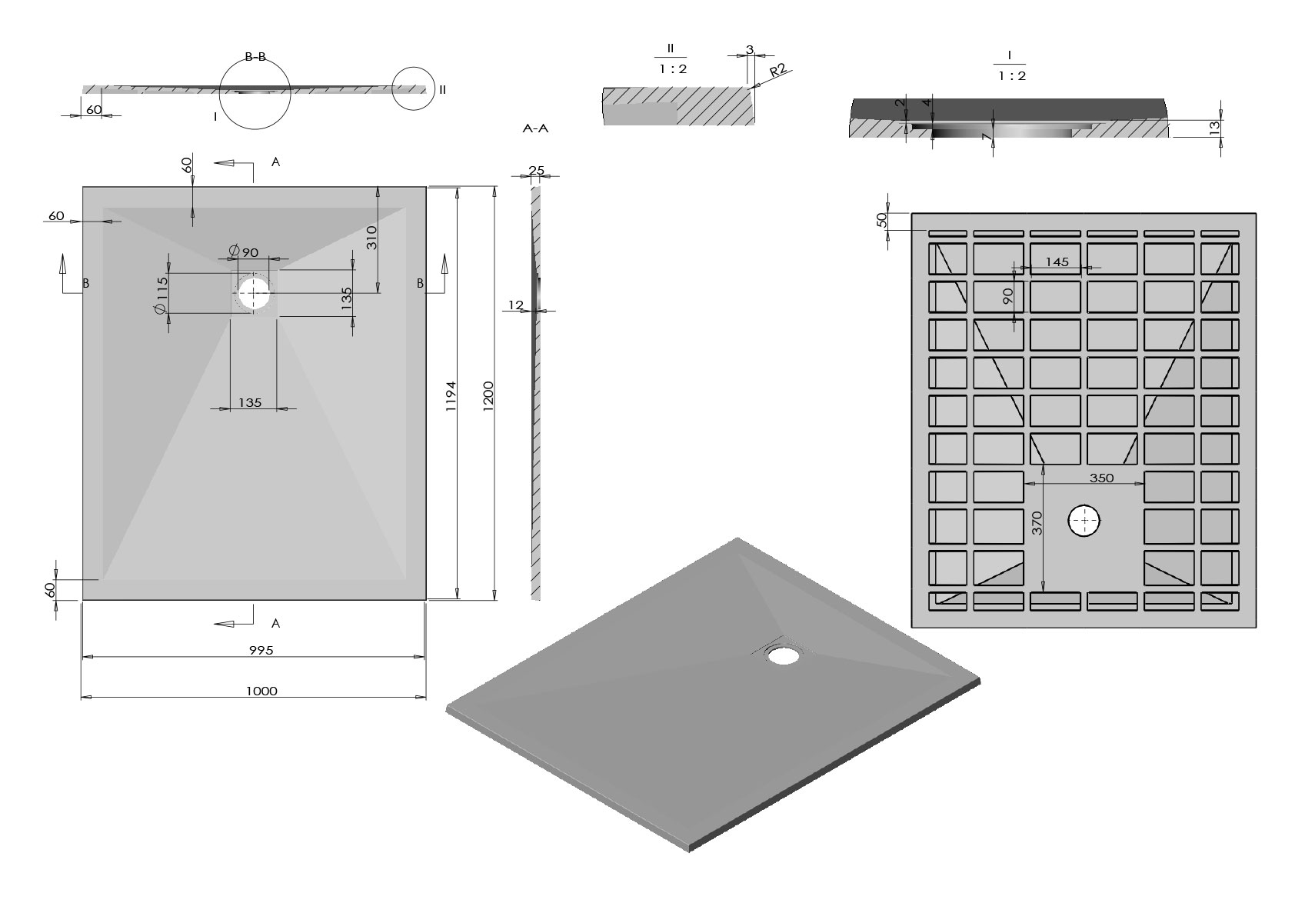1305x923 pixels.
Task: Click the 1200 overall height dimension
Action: (488, 395)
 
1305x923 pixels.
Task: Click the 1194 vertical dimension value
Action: (451, 398)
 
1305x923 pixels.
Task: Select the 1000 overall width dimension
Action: (261, 691)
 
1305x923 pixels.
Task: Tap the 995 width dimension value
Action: (261, 650)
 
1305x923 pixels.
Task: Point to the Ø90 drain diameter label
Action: (244, 252)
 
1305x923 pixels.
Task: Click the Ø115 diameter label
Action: (161, 295)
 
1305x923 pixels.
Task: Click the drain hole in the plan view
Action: (254, 293)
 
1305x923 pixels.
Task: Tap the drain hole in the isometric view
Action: (784, 655)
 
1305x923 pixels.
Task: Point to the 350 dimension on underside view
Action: (1101, 478)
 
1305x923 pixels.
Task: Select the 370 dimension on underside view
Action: (1037, 524)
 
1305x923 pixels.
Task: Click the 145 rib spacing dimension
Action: (1057, 262)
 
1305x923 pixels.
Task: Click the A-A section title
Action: (535, 128)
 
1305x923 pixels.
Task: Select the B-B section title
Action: (255, 56)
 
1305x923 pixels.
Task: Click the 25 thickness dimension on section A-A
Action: (537, 170)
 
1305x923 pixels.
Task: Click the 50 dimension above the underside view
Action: (882, 220)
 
